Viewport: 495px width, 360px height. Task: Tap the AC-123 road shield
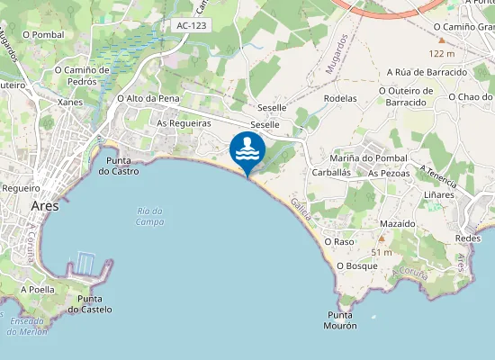192,25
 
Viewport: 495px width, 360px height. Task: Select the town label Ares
44,205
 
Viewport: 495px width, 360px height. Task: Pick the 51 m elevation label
382,252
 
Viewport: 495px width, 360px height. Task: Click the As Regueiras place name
184,122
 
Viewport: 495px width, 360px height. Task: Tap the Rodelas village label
340,98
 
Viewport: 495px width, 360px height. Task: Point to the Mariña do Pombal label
369,158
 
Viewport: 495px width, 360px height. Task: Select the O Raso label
338,242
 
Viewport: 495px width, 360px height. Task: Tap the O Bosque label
356,266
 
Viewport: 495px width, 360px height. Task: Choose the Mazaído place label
397,221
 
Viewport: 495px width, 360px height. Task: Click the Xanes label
69,103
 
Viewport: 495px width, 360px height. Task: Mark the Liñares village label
438,193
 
